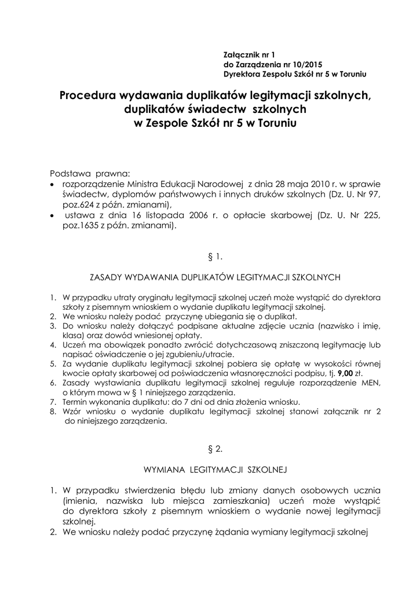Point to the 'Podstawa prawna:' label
91,174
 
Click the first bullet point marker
54,184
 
